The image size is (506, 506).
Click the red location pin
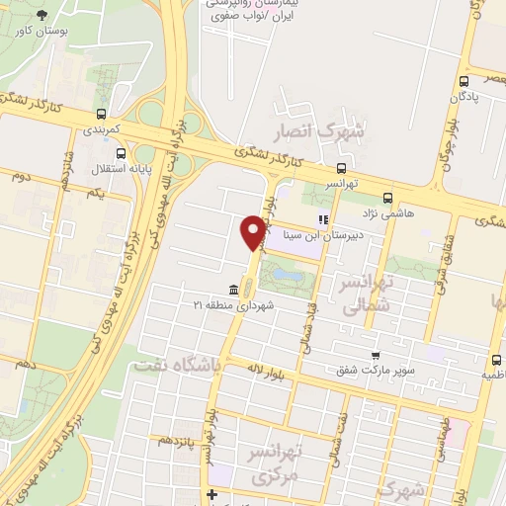pos(252,231)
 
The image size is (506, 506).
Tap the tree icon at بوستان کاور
pos(42,15)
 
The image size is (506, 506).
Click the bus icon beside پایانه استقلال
pos(121,153)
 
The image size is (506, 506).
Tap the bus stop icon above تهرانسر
pos(341,168)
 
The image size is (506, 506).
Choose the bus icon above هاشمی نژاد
pos(387,198)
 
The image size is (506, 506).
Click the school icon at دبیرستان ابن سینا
pos(320,219)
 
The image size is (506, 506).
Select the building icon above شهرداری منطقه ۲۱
pos(232,289)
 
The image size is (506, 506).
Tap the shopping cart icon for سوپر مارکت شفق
pos(376,356)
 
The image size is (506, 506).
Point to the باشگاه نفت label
pos(173,367)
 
